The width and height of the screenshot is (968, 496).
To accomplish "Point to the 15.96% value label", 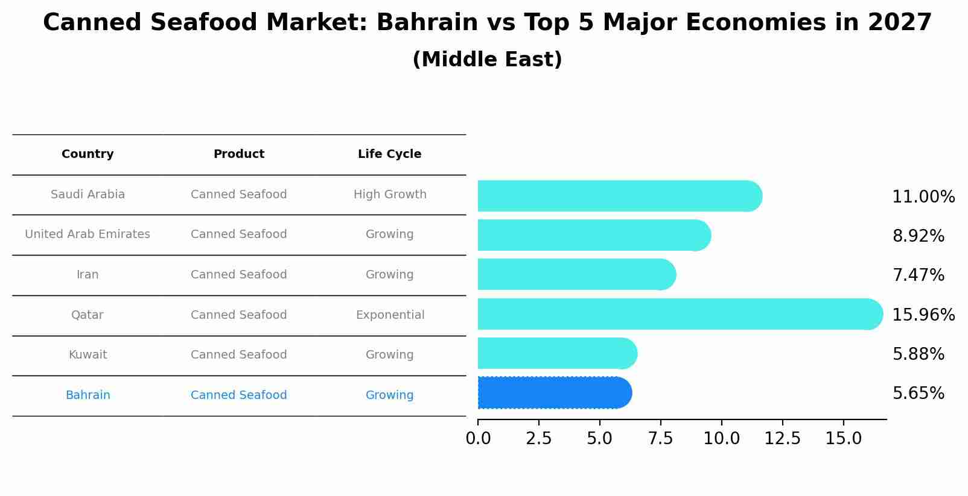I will (923, 315).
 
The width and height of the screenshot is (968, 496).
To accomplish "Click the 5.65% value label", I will (918, 394).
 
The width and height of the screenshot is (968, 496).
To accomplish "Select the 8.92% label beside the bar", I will (918, 236).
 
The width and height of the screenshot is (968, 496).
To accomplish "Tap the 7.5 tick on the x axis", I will (660, 439).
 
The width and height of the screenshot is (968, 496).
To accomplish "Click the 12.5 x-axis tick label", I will (782, 439).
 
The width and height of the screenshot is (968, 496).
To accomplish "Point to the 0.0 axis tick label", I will (478, 439).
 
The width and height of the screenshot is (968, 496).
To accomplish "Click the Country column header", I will (88, 154).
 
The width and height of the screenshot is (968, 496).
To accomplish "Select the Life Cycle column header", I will (389, 154).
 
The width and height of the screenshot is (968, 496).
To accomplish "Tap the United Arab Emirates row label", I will (88, 234).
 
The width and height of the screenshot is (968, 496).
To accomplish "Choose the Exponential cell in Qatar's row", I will (390, 315).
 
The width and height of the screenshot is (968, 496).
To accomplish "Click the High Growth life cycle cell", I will (390, 195).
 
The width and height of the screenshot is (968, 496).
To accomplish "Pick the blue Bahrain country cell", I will (88, 395).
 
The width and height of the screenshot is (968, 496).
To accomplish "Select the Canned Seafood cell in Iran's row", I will (238, 275).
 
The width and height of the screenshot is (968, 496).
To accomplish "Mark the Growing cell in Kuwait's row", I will (389, 355).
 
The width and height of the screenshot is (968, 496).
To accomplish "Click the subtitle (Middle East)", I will (487, 60).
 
